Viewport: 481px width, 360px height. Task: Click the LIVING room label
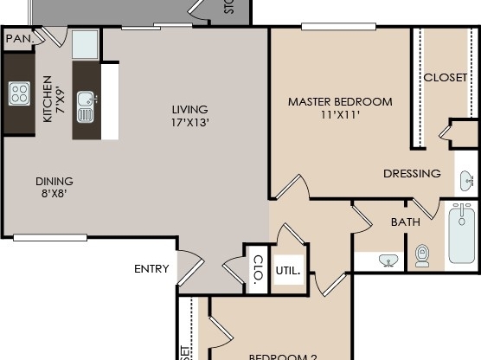click(189, 109)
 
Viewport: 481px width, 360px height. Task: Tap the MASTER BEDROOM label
click(340, 101)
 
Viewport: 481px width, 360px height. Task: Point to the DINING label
click(54, 181)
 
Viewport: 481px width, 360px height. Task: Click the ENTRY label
click(151, 269)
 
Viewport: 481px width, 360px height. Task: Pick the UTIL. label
click(288, 270)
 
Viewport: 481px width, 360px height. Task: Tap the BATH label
click(405, 222)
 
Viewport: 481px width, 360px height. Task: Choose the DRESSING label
click(412, 174)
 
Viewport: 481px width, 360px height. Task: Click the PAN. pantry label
click(18, 39)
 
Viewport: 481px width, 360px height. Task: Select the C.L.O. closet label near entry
click(258, 269)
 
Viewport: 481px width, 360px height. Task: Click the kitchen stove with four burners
click(19, 93)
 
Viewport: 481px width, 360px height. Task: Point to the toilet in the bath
click(422, 254)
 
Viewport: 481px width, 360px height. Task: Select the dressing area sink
click(467, 181)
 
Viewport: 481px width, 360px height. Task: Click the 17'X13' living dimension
click(190, 122)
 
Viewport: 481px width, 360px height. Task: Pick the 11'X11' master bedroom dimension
click(340, 114)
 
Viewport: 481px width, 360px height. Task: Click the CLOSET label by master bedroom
click(446, 77)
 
